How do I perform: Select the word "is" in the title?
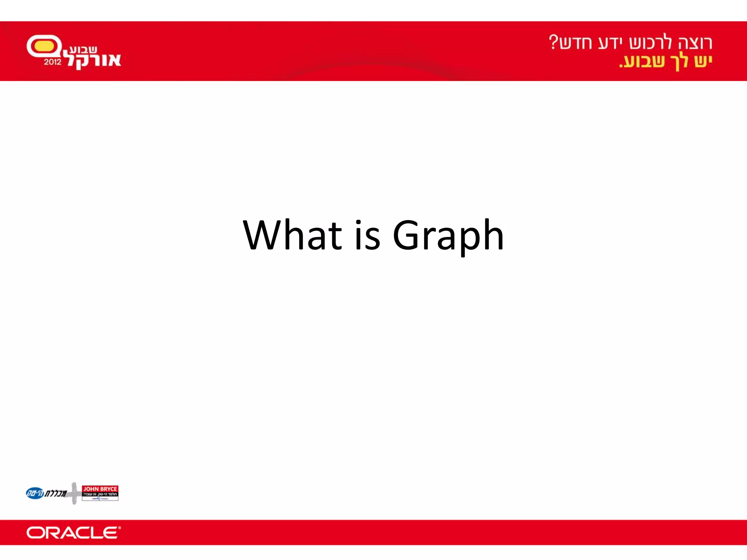[367, 235]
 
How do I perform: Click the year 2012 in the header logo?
[53, 62]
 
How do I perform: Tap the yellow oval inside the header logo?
[44, 46]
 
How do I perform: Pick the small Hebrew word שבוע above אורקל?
[83, 49]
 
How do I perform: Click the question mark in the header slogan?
[554, 42]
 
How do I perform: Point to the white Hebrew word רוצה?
[695, 43]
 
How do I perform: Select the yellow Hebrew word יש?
[703, 61]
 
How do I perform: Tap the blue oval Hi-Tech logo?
[35, 493]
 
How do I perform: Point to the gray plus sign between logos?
[74, 493]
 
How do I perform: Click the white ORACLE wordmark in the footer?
[73, 533]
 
